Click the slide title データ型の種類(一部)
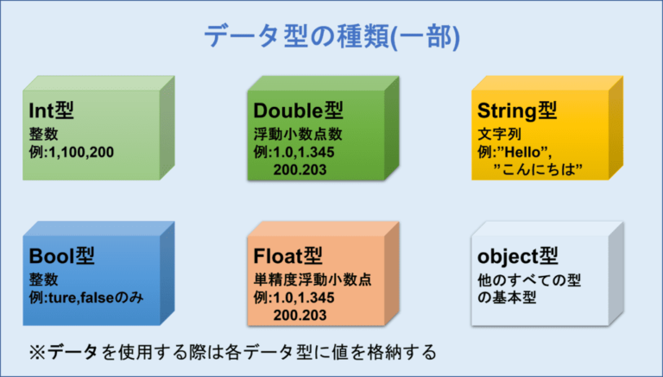point(331,36)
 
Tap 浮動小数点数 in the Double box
point(299,135)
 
